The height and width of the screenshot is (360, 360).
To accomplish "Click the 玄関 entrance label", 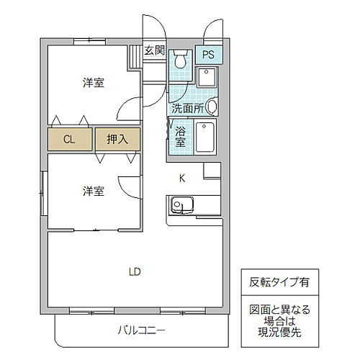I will tap(154, 51).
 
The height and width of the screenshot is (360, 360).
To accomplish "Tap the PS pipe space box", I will tap(207, 54).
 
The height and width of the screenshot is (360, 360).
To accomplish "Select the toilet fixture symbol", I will tap(181, 60).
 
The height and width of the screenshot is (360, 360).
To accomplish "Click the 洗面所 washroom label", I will tap(186, 109).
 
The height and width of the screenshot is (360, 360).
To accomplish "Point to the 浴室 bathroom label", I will tap(181, 138).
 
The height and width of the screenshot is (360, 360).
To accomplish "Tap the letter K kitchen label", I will tap(183, 178).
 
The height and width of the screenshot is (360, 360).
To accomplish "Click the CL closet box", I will tap(70, 139).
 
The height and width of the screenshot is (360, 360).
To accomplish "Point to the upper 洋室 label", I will tap(92, 83).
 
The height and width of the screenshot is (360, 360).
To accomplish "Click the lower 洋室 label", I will tap(92, 191).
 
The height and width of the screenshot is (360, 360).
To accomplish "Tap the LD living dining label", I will tap(135, 271).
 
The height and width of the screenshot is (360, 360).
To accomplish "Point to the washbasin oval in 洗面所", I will tap(212, 108).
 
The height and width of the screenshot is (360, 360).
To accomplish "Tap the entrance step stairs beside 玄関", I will tap(135, 55).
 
